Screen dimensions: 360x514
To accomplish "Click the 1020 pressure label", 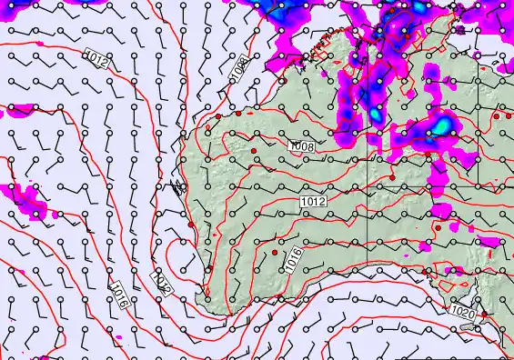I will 461,311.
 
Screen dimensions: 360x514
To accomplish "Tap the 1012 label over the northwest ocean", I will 98,62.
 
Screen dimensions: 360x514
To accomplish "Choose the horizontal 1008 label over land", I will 302,146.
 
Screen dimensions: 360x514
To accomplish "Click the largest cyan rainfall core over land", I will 440,128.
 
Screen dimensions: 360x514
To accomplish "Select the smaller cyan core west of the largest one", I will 375,115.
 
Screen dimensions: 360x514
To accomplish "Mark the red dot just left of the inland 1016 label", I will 275,251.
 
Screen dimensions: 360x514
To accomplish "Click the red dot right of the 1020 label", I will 483,315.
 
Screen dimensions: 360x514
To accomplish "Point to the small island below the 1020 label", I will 466,340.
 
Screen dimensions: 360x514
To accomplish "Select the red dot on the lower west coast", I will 191,225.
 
